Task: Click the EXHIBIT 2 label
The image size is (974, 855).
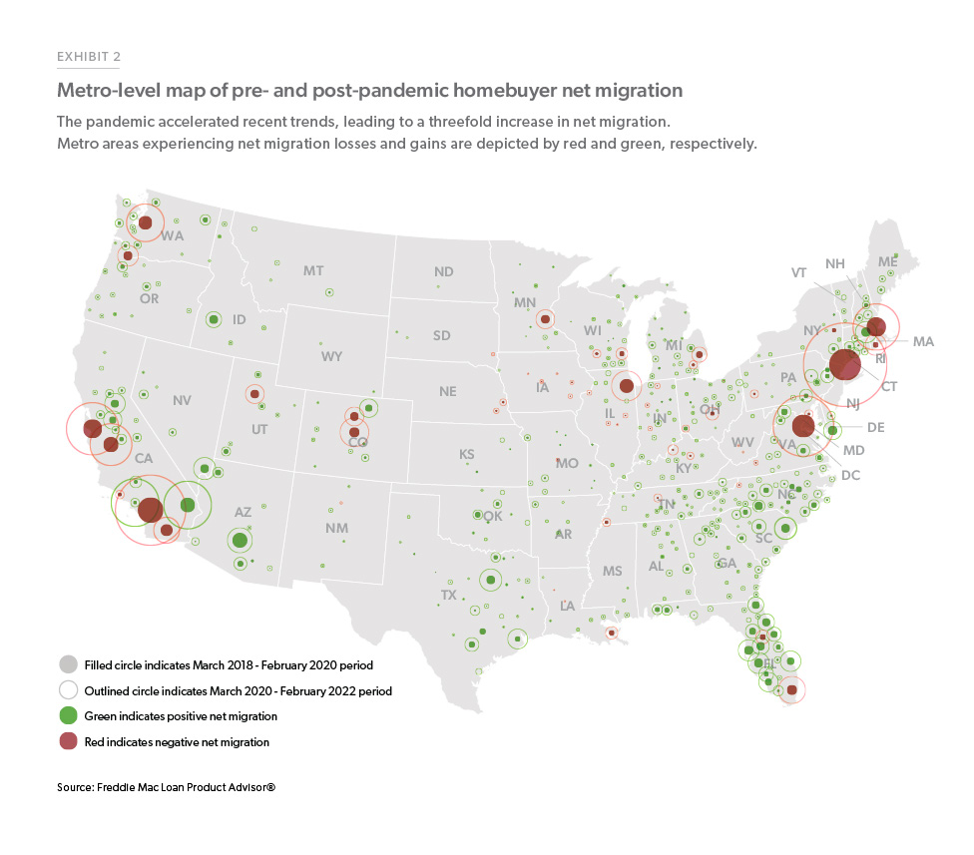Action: click(89, 57)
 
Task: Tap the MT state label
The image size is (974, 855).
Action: click(313, 270)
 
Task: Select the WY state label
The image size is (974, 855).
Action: click(331, 356)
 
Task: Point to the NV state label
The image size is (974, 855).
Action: click(182, 400)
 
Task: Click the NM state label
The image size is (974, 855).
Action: click(336, 528)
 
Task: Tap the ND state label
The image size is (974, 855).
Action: click(443, 271)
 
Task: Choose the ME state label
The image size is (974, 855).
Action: click(887, 261)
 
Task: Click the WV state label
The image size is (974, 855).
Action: click(741, 441)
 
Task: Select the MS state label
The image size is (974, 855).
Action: click(612, 571)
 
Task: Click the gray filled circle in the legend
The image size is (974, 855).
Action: click(69, 664)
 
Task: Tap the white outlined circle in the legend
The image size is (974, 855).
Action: click(69, 690)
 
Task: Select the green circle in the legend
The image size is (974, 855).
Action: click(69, 715)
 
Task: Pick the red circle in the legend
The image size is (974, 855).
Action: click(69, 741)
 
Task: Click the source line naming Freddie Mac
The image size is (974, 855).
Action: click(166, 788)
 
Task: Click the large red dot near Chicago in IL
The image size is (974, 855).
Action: click(627, 386)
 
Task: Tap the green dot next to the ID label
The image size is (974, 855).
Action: click(213, 319)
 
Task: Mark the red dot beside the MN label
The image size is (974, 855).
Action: click(545, 319)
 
